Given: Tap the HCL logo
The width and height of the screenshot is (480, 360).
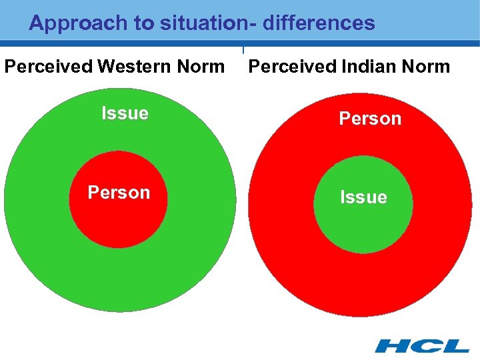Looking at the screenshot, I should [x=421, y=345].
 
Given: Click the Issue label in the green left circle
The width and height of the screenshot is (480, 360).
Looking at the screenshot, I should [x=125, y=113].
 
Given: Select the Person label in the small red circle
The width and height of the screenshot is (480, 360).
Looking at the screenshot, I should [x=119, y=193].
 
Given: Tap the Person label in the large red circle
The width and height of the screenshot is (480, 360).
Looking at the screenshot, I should [x=370, y=119].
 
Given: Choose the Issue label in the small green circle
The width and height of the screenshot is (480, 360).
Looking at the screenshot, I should [x=363, y=197].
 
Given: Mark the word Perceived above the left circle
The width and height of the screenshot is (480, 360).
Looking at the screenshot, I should [x=48, y=67].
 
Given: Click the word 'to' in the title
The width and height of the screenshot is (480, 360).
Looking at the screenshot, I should [x=145, y=23].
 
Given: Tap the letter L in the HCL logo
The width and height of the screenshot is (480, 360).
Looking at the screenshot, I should [x=455, y=345].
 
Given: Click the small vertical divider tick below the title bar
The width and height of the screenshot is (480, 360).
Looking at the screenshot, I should [x=243, y=50].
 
